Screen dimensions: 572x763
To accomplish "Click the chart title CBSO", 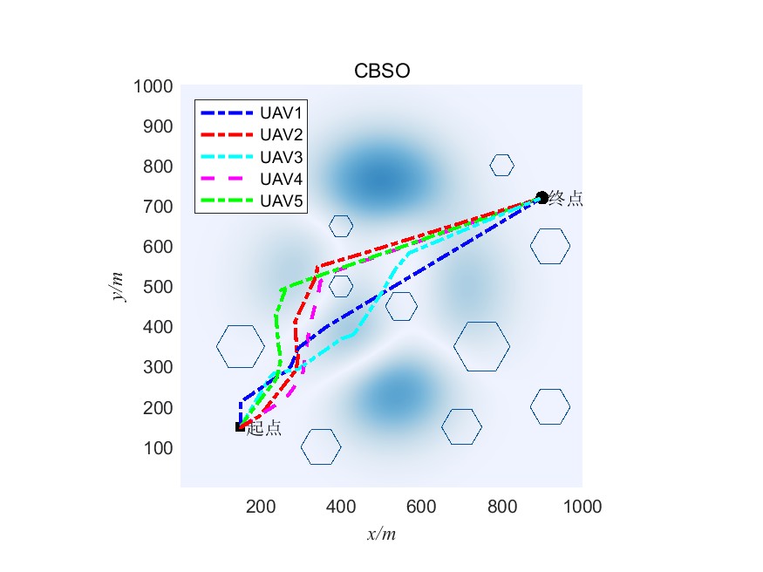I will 381,71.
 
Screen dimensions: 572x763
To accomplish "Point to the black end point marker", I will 542,198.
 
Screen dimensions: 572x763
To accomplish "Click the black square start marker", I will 240,426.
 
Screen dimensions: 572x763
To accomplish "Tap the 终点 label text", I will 566,199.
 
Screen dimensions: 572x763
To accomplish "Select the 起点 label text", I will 264,428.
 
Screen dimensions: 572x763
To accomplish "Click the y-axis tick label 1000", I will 153,86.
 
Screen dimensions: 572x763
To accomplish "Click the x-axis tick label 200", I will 261,506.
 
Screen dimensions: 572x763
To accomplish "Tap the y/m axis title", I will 118,286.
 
